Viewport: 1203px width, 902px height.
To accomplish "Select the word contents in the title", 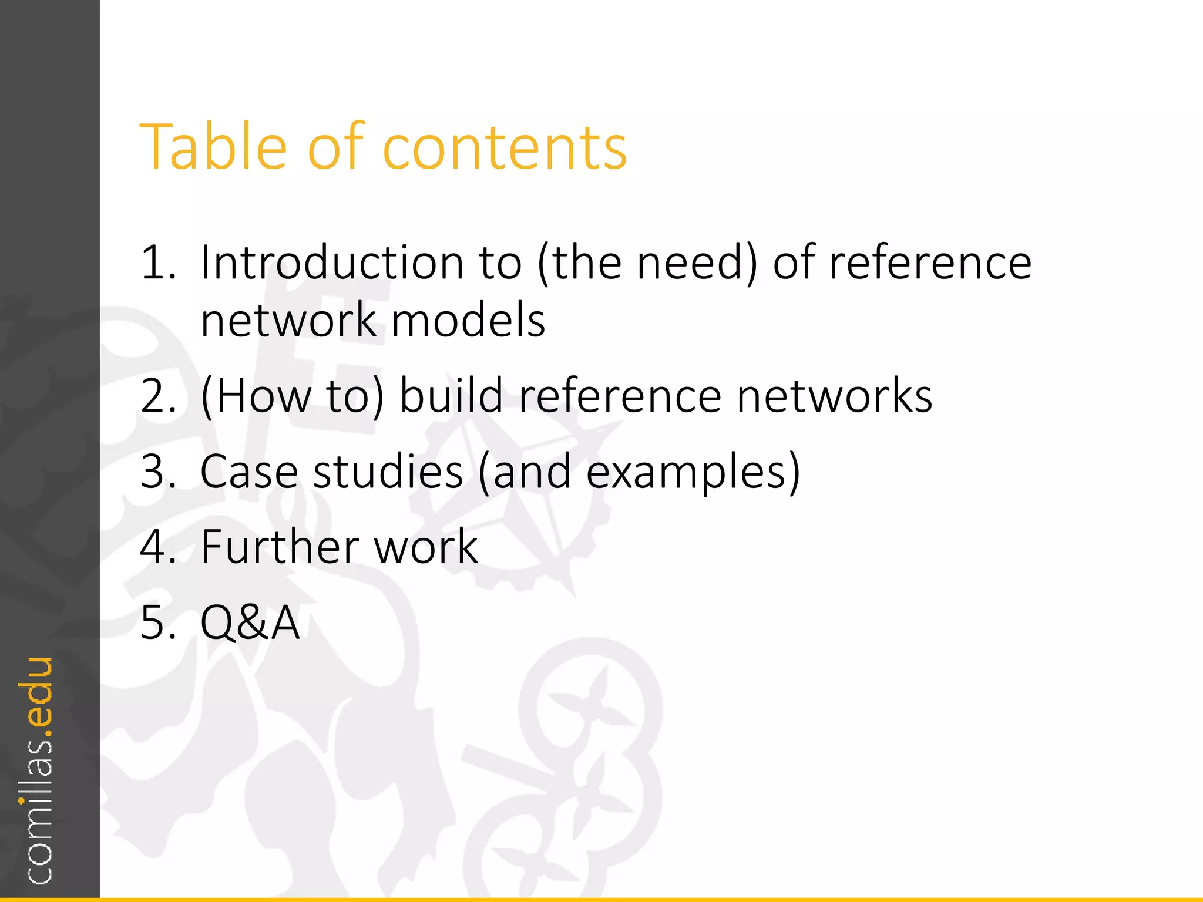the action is (505, 148).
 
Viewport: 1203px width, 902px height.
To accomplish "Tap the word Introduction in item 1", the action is (332, 262).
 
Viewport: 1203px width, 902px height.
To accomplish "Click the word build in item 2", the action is (451, 395).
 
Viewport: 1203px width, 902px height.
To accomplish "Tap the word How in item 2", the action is (264, 395).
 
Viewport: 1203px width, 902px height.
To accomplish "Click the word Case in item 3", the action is (249, 471).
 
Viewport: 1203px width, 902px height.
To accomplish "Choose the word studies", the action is (388, 471).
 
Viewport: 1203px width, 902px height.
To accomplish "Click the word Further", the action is (280, 547).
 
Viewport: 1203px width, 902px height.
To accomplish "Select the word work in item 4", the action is (426, 547).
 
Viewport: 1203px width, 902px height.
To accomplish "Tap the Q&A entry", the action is (250, 622).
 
